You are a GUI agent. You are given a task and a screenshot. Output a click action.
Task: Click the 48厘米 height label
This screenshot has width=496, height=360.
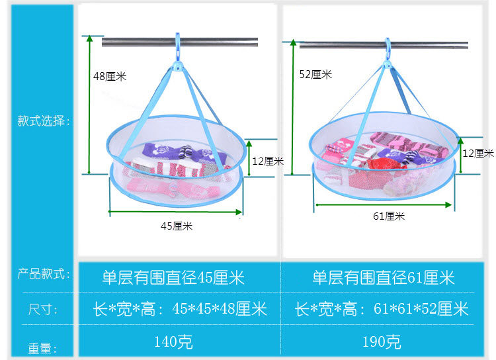coord(110,77)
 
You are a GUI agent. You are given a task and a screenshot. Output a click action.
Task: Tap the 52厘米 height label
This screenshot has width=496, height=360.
coord(315,75)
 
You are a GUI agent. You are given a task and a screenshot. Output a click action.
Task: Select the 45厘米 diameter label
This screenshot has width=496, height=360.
coord(177,226)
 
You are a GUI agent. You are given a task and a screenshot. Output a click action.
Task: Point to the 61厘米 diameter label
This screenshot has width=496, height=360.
coord(388,216)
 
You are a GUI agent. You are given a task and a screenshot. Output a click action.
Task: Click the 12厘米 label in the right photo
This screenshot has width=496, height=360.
coord(478,154)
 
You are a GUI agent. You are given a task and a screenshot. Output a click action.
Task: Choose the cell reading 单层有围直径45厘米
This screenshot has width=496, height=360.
coord(173,277)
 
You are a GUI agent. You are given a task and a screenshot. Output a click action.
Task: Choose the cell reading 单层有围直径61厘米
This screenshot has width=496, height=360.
coord(384,277)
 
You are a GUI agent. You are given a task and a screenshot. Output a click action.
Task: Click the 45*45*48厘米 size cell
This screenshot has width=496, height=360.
coord(183,309)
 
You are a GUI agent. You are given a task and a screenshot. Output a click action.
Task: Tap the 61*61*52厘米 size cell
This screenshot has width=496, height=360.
coord(382,309)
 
